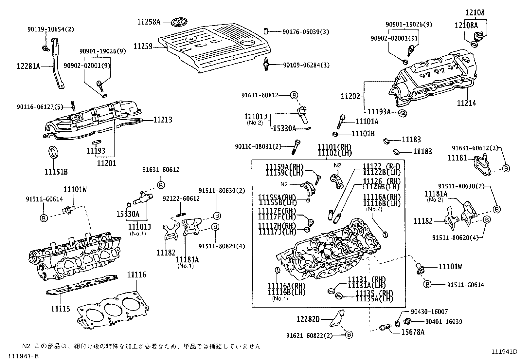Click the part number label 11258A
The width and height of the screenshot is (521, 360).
click(149, 22)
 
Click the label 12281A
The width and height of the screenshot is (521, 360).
click(28, 66)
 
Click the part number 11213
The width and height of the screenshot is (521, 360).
click(163, 120)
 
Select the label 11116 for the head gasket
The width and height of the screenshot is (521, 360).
click(136, 275)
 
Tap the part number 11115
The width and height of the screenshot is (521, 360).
click(61, 309)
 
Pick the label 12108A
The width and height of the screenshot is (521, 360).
click(466, 25)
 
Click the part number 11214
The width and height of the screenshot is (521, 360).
click(466, 103)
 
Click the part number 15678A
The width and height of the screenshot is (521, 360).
click(413, 332)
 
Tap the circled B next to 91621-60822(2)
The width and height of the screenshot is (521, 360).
click(349, 335)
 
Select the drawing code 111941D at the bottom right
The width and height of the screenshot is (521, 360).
click(504, 352)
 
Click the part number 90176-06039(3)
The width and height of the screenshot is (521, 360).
click(306, 32)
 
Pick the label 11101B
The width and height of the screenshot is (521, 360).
click(363, 134)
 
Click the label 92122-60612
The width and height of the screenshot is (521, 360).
click(181, 199)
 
